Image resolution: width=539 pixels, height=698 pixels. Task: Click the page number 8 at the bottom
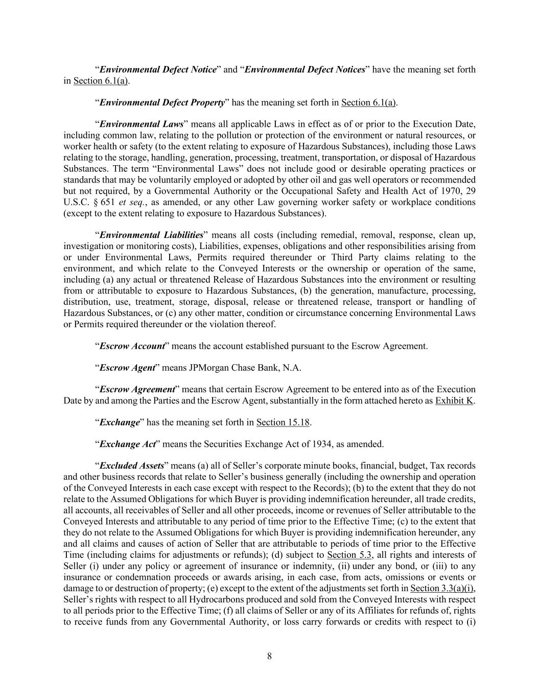[269, 657]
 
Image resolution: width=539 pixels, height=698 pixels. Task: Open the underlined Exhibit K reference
[454, 400]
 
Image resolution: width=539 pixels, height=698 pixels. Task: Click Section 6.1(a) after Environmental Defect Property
[368, 102]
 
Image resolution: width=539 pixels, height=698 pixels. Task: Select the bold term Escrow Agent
[127, 368]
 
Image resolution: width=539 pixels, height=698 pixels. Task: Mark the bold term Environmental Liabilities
[151, 235]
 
